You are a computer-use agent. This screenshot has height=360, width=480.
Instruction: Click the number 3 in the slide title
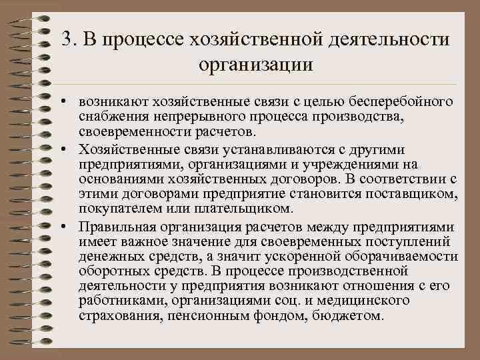[x=64, y=39]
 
